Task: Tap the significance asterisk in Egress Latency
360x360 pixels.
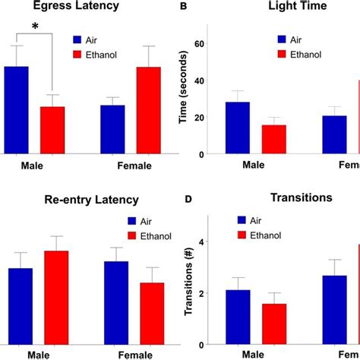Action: coord(34,28)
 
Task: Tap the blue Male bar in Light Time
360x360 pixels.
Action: coord(237,128)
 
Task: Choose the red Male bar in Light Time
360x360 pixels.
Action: coord(273,139)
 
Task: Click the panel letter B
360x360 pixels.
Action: coord(182,7)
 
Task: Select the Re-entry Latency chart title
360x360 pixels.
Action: coord(80,200)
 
